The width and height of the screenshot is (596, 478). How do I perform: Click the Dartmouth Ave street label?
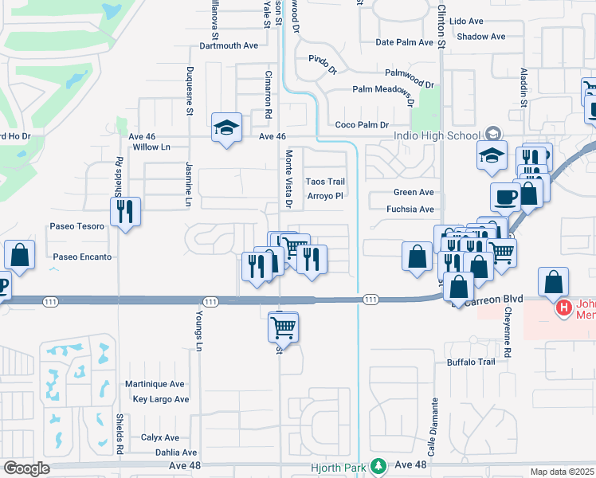click(x=229, y=45)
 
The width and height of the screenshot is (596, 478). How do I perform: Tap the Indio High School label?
click(x=437, y=135)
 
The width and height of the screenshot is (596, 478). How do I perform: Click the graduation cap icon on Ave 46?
click(x=226, y=127)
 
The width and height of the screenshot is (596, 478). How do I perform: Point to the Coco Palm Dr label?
click(x=362, y=125)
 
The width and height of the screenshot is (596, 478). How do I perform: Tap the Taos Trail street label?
click(x=326, y=182)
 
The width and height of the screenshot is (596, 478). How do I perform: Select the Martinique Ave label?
click(x=155, y=384)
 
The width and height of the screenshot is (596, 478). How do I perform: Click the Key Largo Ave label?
click(x=161, y=399)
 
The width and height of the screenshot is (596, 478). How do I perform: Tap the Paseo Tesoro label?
click(x=77, y=226)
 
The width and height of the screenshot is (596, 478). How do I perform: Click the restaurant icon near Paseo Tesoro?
click(x=124, y=212)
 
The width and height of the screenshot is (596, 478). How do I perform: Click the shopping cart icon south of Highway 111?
click(x=283, y=326)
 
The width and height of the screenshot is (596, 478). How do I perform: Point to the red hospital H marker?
click(x=564, y=307)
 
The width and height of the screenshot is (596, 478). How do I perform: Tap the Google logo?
click(x=26, y=468)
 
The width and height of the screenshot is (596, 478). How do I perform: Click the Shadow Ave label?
click(x=482, y=37)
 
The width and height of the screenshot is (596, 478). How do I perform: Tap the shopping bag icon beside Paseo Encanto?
click(x=20, y=255)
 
